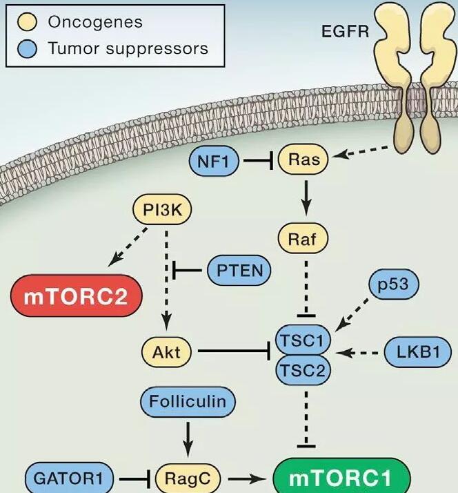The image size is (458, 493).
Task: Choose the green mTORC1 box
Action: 341,478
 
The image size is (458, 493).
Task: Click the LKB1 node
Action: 410,352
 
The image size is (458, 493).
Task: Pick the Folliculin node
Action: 188,401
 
